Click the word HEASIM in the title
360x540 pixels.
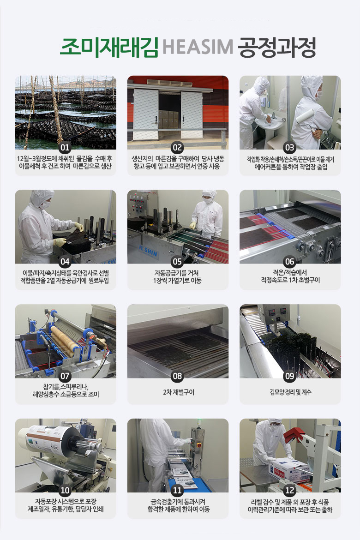198,47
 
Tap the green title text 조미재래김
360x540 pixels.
109,47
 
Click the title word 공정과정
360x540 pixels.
277,47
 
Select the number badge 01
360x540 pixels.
65,148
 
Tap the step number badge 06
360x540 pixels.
290,262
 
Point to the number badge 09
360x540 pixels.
290,376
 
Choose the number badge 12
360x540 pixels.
290,491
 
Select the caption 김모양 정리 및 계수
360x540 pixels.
290,392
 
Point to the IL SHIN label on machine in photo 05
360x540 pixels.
149,251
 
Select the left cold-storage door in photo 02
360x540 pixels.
146,114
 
